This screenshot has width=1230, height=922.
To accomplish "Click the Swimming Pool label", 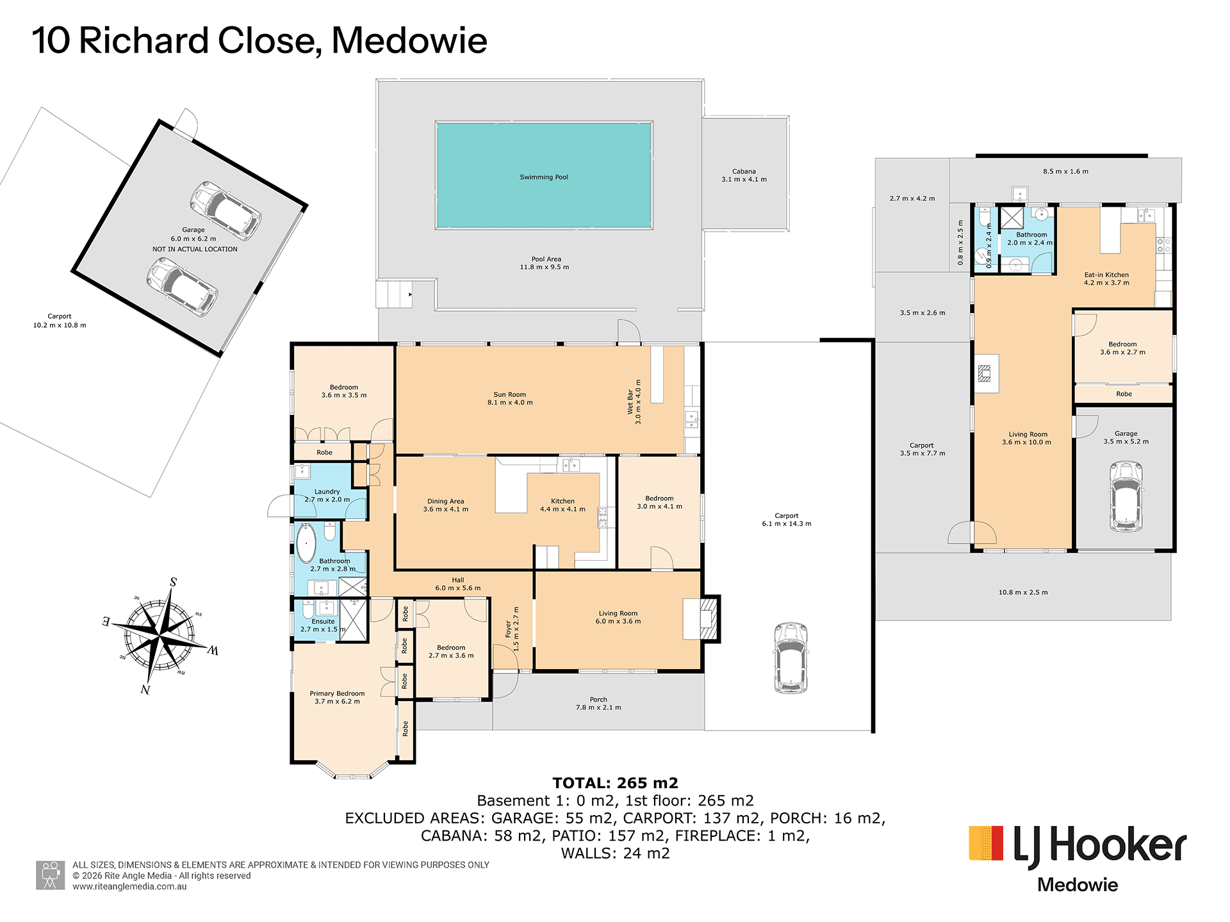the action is coord(544,177).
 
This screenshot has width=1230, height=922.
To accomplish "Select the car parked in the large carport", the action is coord(791,658).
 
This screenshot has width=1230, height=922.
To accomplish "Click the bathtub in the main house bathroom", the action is coord(306,543).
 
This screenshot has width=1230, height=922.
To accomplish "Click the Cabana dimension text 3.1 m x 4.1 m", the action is coord(744,179).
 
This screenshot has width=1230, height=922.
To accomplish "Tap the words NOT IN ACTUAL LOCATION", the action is coord(195,249).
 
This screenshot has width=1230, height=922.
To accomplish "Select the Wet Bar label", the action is coord(630,402).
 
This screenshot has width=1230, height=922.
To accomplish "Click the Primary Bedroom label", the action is coord(337,693).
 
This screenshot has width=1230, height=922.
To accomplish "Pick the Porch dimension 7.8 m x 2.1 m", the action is coord(598,708).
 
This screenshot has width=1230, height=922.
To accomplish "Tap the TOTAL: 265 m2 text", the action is coord(615,783).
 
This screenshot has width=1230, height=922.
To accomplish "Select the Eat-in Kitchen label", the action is coord(1106,275).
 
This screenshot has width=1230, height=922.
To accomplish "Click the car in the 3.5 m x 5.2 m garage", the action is coord(1126,496).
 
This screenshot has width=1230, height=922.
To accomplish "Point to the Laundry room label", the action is coord(327,492).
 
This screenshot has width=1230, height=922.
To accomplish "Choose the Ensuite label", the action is coord(324,621).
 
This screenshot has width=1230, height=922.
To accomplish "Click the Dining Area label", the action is coord(446,501).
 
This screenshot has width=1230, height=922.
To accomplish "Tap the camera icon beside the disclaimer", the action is coord(50,875).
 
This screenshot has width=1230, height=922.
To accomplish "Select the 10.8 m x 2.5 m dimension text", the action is coord(1023,592).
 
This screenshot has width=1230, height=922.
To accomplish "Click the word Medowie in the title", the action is coord(409,40).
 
